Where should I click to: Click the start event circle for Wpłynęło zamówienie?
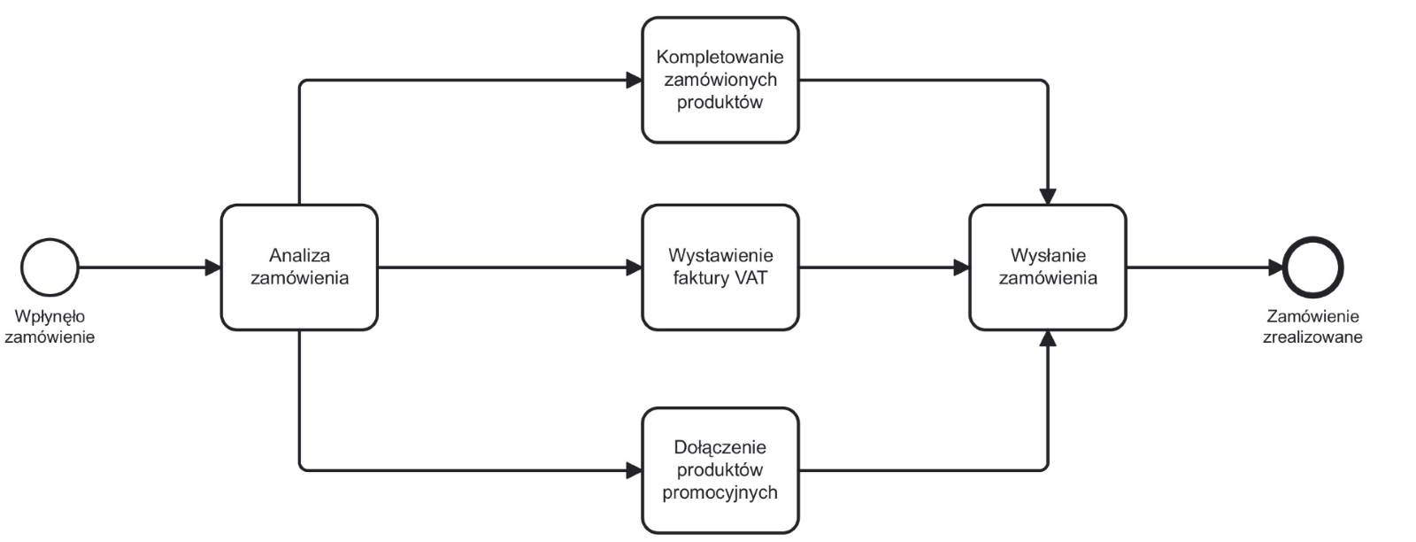coord(50,267)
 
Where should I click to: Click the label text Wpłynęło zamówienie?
coord(50,327)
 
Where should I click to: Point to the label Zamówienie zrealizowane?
coord(1312,327)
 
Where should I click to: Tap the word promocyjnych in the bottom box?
coord(720,492)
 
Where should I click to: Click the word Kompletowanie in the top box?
coord(720,57)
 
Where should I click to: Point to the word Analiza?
coord(299,255)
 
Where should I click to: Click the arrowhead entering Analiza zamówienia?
coord(212,267)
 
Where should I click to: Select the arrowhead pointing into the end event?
coord(1275,267)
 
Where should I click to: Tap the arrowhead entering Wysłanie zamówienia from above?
coord(1048,197)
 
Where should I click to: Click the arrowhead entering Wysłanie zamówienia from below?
coord(1048,338)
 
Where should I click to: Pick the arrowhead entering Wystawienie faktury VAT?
coord(634,267)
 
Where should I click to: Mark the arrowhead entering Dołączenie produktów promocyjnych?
coord(634,470)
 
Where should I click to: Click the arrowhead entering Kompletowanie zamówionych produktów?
coord(634,81)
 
